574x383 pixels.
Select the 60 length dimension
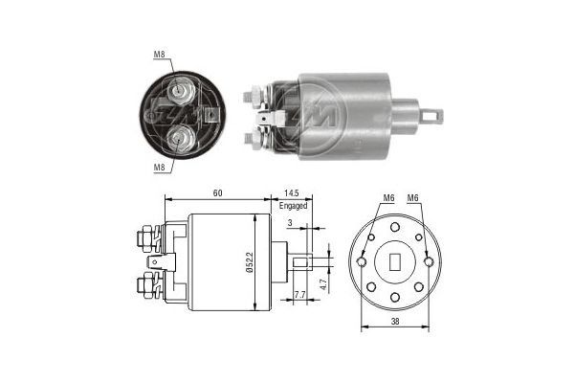tap(218, 192)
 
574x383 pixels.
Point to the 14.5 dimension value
tap(292, 192)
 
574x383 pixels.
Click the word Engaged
tap(294, 205)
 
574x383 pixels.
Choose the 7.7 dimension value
tap(299, 294)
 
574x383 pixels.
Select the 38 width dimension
tap(395, 323)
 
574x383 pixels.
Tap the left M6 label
tap(388, 198)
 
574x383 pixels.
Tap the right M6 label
tap(413, 198)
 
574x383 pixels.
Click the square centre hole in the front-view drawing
tap(394, 261)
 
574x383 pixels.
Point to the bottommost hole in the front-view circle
tap(394, 297)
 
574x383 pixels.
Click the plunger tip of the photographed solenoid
tap(436, 117)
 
